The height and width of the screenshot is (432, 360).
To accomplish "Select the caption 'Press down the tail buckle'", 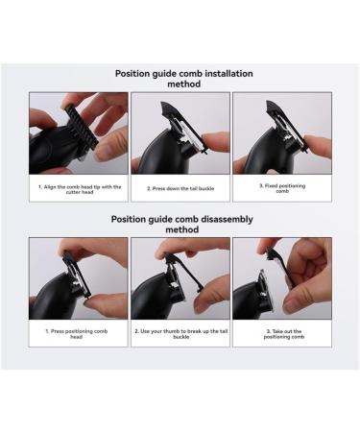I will click(180, 188).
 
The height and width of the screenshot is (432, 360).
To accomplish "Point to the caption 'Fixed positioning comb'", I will click(281, 188).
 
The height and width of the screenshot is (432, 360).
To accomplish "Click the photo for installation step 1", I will click(78, 132).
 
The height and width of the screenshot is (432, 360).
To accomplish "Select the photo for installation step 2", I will click(180, 132).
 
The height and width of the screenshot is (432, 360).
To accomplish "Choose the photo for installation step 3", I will click(281, 132).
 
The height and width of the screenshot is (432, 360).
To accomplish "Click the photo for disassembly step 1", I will click(78, 277).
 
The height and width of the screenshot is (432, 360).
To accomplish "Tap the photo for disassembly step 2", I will click(180, 277).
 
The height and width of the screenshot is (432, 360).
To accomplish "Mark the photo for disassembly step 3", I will click(281, 277).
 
